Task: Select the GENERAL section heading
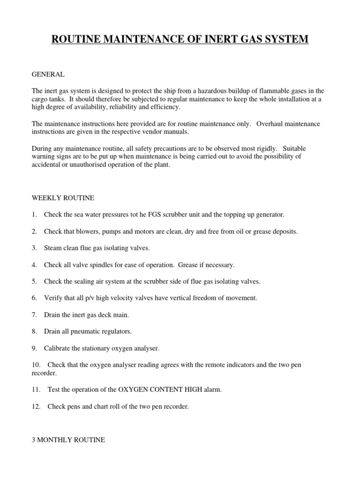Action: (x=48, y=74)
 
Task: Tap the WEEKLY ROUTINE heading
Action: (x=63, y=198)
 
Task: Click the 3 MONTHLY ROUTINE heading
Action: (x=68, y=440)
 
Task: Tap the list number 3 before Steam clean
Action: (x=34, y=248)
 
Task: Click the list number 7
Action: (x=34, y=315)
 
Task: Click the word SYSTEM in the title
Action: (x=285, y=39)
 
